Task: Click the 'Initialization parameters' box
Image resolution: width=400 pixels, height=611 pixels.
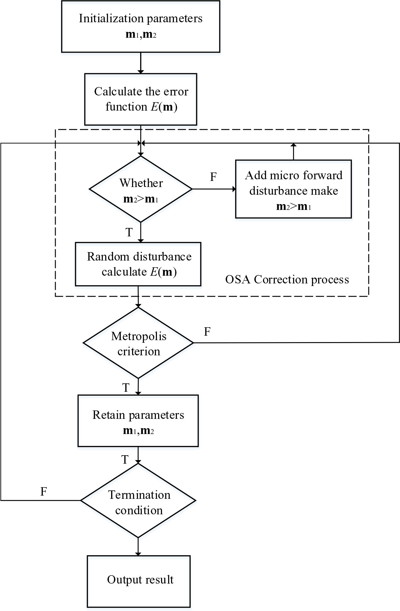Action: coord(140,26)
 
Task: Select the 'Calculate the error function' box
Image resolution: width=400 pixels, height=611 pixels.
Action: coord(140,99)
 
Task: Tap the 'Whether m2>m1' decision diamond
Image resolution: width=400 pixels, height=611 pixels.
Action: coord(141,189)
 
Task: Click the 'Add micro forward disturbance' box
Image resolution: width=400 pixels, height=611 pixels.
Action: coord(293,189)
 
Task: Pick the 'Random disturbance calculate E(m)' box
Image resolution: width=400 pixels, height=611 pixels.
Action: coord(138,264)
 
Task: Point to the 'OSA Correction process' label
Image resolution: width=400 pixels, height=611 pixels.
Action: coord(287,279)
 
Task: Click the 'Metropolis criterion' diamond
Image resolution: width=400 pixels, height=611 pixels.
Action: coord(138,343)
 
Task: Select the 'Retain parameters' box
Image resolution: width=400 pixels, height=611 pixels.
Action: coord(138,421)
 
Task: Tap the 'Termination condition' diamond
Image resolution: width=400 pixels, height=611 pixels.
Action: coord(138,500)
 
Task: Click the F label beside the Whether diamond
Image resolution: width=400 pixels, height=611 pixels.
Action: coord(213,177)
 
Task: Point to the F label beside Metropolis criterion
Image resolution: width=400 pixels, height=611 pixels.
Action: coord(207,331)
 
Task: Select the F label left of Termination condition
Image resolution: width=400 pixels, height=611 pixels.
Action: coord(44,491)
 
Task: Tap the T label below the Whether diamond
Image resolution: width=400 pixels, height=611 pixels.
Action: coord(129,232)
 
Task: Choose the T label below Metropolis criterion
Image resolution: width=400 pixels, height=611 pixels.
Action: coord(126,387)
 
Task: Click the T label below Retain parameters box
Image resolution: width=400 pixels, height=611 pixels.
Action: coord(125,459)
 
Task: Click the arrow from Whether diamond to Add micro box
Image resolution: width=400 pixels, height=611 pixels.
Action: coord(214,189)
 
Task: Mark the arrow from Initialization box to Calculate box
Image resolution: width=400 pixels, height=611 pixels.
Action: coord(140,63)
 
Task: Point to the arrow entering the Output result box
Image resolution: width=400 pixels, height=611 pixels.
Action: coord(138,547)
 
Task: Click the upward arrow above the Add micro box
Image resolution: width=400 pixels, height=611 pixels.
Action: coord(293,152)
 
